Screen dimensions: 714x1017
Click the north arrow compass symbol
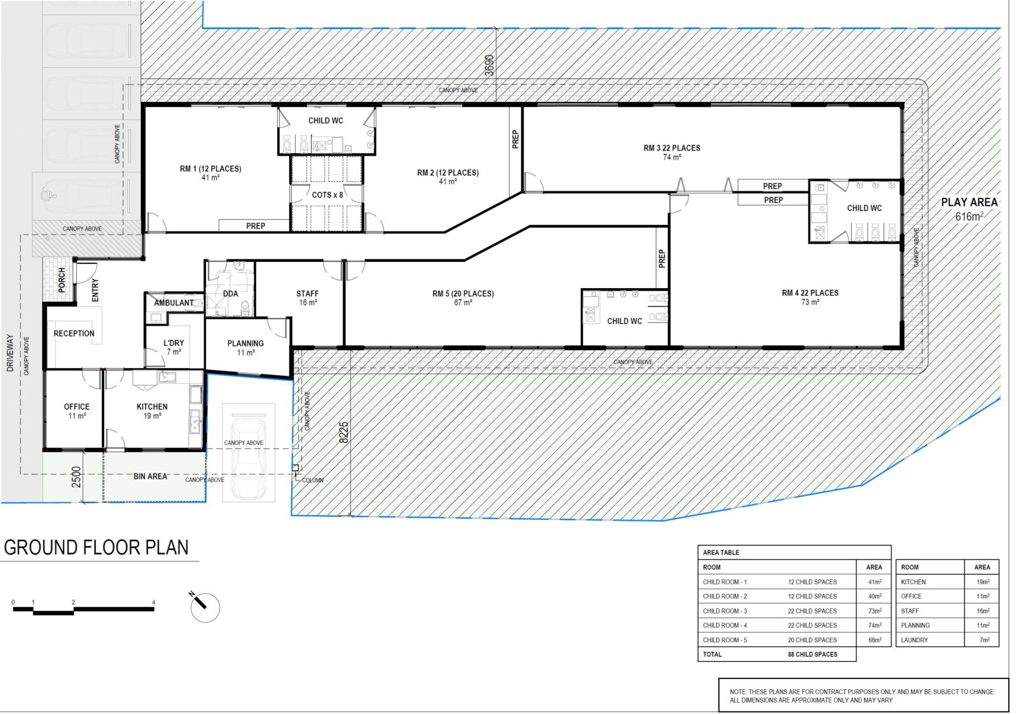click(x=205, y=607)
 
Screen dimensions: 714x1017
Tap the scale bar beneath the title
click(x=83, y=610)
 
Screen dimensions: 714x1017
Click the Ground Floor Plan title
click(x=97, y=548)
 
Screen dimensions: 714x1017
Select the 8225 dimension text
click(x=344, y=432)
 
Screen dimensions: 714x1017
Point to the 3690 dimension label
click(x=489, y=65)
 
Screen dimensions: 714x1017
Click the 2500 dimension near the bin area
click(x=76, y=477)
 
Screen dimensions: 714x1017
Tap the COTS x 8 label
click(x=327, y=195)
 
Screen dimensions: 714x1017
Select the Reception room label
click(x=74, y=333)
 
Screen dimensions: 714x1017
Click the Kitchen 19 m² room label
click(x=152, y=411)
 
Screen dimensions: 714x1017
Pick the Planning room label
click(x=245, y=347)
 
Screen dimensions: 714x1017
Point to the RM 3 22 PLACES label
click(x=672, y=152)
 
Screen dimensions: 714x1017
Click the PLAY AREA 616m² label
click(x=969, y=209)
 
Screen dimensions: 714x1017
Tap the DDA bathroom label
click(x=230, y=294)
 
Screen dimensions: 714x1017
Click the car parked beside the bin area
click(x=248, y=458)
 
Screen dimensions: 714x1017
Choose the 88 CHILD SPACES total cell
click(x=812, y=654)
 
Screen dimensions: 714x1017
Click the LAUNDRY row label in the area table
click(x=914, y=640)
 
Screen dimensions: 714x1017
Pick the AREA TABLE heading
click(x=721, y=553)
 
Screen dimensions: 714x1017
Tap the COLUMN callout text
click(x=313, y=480)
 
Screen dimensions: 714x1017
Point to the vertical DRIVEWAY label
click(x=10, y=353)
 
